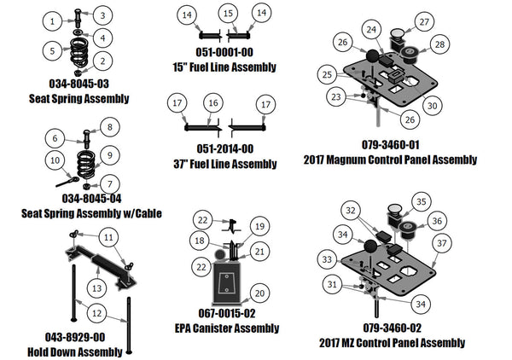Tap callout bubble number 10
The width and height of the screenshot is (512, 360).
55,160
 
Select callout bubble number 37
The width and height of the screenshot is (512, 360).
442,243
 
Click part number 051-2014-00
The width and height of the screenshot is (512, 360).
224,148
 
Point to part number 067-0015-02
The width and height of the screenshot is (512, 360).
225,311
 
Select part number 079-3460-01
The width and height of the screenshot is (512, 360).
390,145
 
